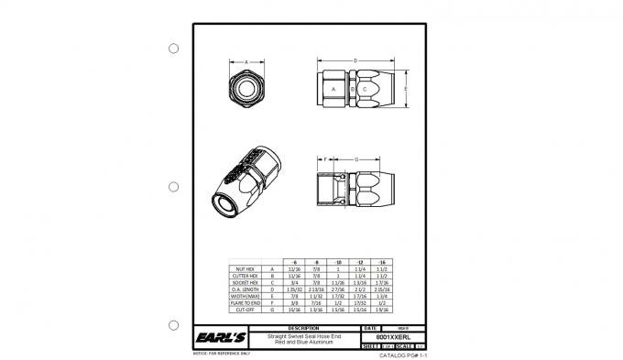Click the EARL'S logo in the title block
221,338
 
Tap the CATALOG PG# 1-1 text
404,355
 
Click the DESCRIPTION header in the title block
303,327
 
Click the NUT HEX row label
246,269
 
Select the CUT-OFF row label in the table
246,311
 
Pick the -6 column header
294,262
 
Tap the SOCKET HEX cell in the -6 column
294,283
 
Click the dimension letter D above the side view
354,60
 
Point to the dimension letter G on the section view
355,159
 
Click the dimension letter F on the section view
325,159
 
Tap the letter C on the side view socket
366,89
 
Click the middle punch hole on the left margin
172,187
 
